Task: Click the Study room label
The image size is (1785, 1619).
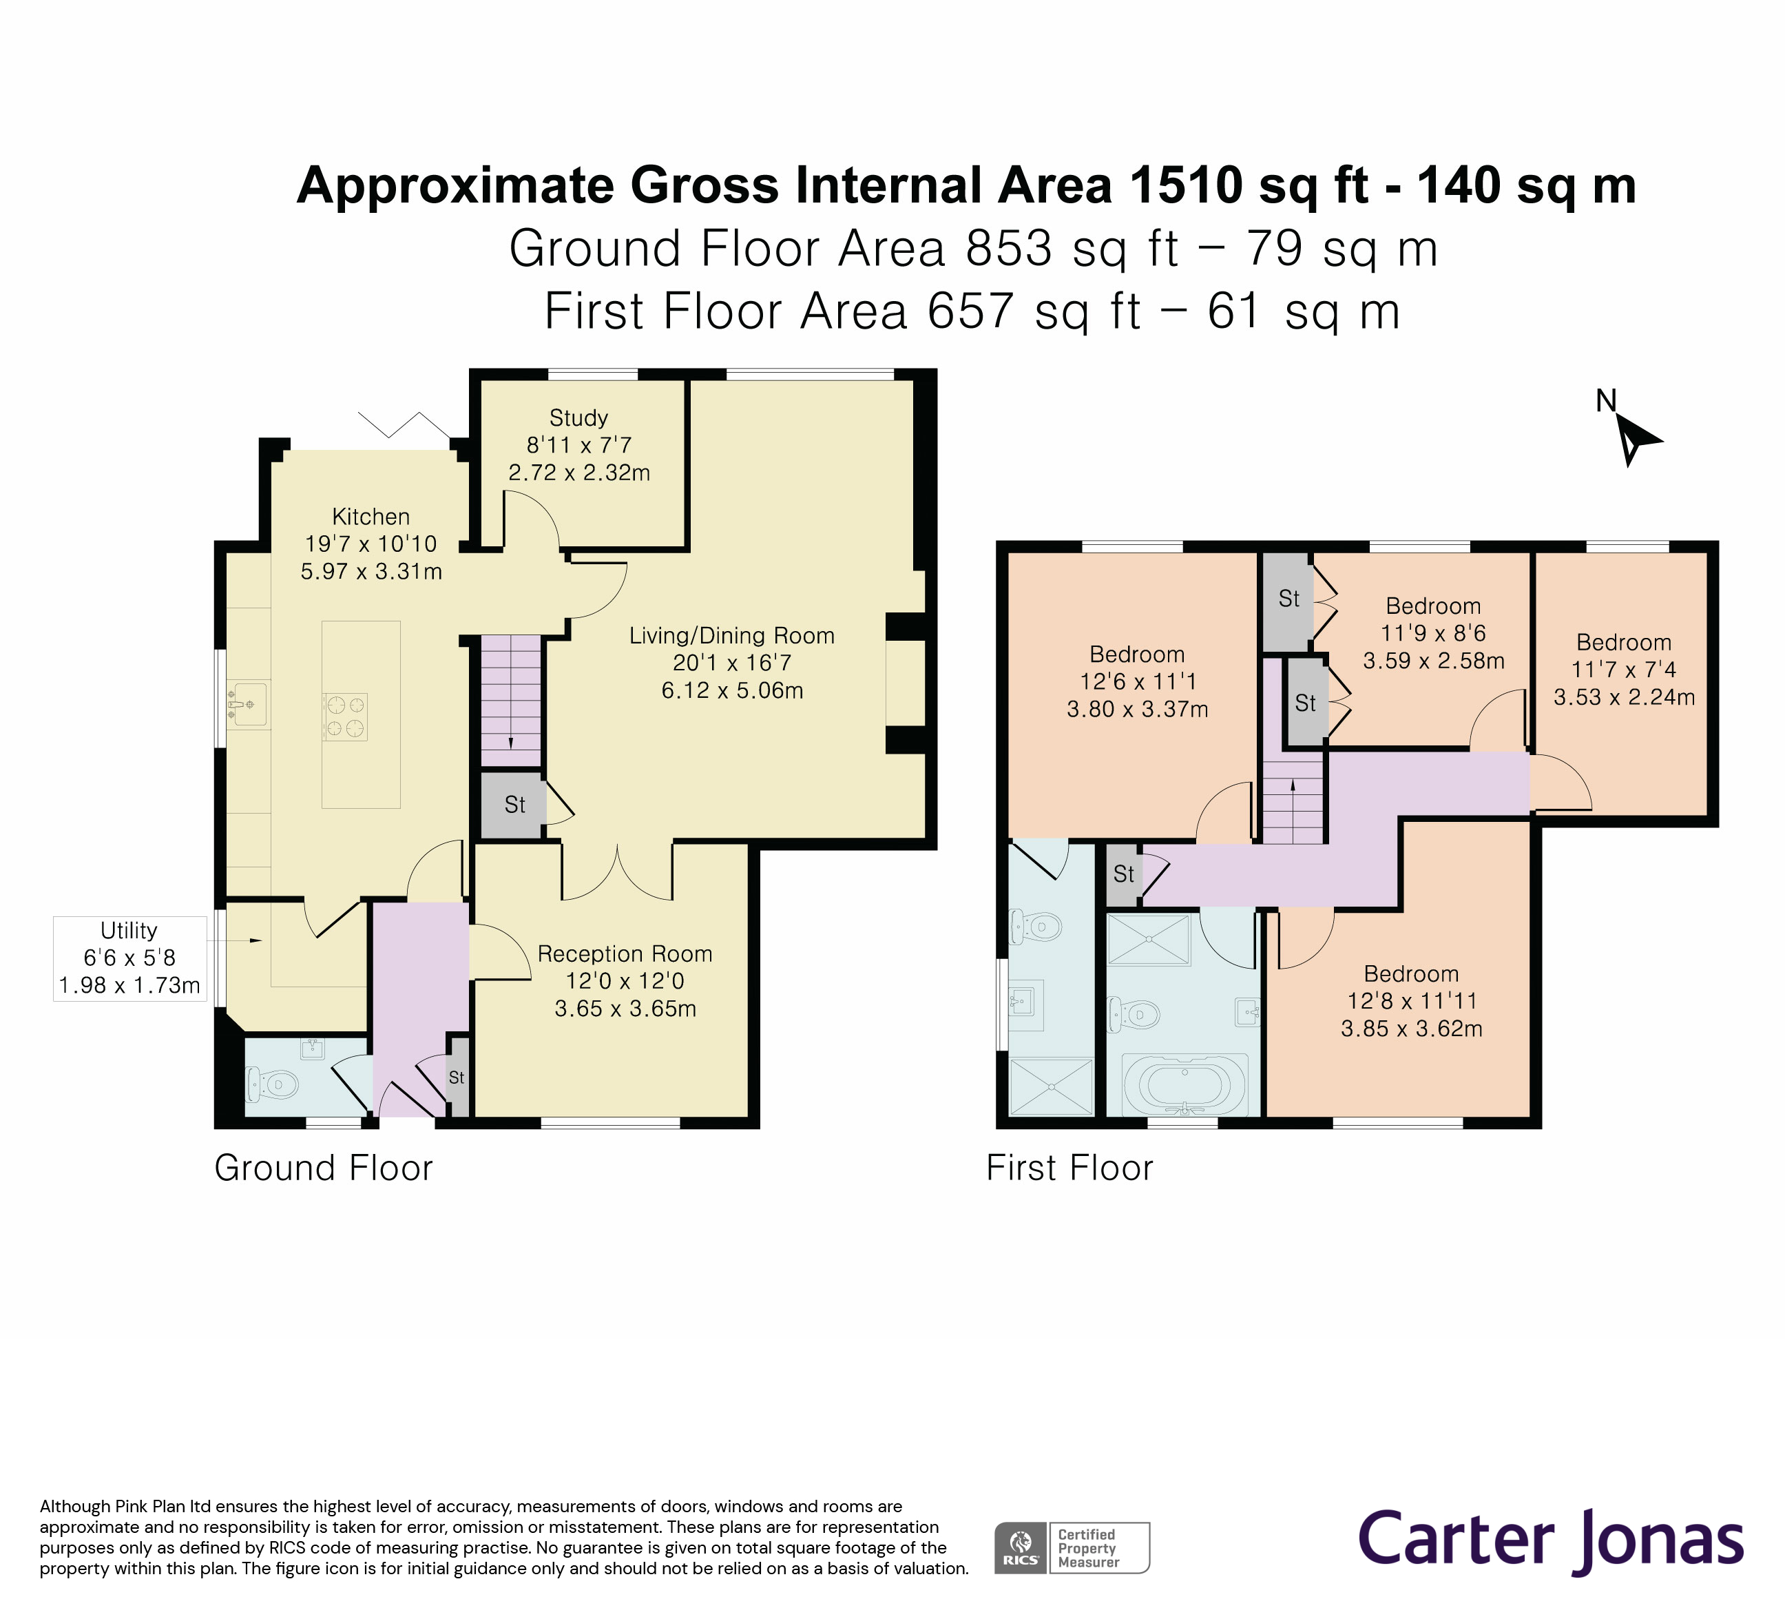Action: tap(578, 418)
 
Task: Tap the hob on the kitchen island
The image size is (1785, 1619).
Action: tap(345, 716)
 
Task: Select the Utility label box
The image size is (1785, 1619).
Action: tap(129, 958)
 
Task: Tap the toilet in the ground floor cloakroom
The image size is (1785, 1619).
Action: tap(275, 1083)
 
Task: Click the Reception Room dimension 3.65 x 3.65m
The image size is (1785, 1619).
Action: tap(625, 1009)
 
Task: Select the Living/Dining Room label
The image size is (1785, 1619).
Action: tap(731, 636)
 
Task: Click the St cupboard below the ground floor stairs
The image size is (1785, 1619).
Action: tap(512, 805)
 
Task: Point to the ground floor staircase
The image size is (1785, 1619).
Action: tap(511, 700)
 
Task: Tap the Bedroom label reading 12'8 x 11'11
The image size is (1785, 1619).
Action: tap(1411, 1001)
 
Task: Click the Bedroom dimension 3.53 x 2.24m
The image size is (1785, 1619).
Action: tap(1624, 697)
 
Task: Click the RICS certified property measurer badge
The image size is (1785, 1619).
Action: tap(1072, 1547)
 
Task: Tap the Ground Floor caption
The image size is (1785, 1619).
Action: tap(323, 1168)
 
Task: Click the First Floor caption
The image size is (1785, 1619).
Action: tap(1069, 1168)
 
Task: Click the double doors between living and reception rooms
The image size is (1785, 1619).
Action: tap(617, 872)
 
